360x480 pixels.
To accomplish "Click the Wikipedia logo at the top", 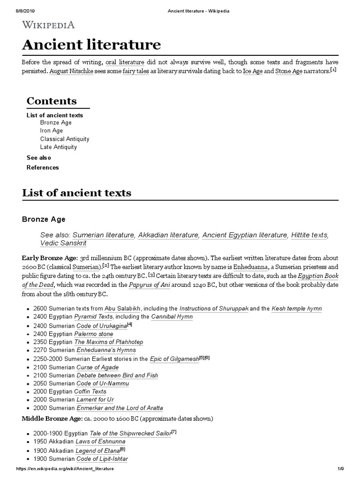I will point(48,25).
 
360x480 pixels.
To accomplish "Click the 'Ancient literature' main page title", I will point(91,45).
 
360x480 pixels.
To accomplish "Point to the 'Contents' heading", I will point(52,101).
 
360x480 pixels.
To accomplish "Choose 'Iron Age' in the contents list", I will point(52,131).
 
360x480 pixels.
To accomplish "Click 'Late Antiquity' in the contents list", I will point(59,147).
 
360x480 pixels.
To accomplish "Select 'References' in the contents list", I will point(43,167).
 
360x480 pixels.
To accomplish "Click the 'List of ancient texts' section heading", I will point(77,193).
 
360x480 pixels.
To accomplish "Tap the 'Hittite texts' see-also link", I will point(309,235).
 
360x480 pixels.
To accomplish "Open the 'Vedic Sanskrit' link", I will point(63,243).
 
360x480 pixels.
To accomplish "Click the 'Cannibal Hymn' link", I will point(172,316).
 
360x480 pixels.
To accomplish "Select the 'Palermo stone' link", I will point(94,334).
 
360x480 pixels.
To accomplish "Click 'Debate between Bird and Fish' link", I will point(117,375).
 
